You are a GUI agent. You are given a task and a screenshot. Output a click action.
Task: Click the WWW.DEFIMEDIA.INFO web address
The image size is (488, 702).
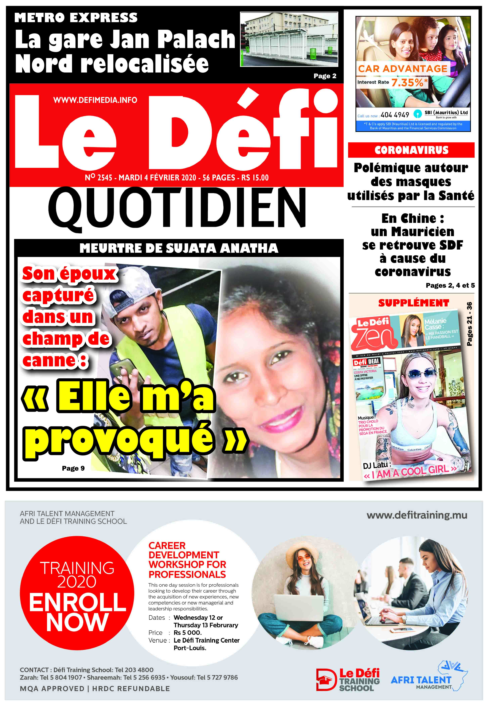95,100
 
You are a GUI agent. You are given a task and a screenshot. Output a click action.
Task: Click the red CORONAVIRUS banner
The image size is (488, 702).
411,150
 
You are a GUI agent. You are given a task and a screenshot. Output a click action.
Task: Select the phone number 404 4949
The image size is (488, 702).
395,115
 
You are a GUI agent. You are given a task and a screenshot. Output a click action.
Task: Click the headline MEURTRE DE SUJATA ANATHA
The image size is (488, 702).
179,248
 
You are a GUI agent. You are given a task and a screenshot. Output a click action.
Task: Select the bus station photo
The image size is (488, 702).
289,39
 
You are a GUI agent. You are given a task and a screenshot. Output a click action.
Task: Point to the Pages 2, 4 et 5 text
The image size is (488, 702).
450,285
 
